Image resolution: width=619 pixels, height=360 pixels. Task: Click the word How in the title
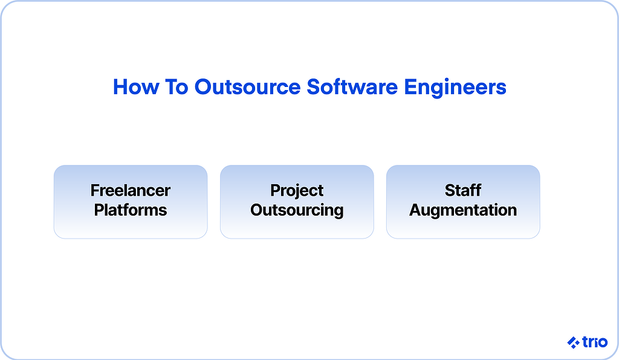tap(136, 87)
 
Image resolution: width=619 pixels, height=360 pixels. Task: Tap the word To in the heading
tap(177, 87)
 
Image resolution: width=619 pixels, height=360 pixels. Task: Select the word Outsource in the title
tap(247, 87)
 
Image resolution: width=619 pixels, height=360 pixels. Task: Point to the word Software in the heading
tap(352, 87)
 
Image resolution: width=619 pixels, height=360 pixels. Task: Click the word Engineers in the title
tap(455, 88)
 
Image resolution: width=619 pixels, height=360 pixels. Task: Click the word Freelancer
tap(131, 190)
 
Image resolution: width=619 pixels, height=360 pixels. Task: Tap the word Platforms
tap(131, 210)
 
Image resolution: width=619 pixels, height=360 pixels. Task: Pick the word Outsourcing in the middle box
tap(297, 211)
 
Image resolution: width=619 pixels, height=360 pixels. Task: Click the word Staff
tap(463, 190)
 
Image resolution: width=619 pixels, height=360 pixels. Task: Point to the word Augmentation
tap(463, 211)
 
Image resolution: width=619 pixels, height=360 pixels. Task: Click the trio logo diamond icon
tap(573, 342)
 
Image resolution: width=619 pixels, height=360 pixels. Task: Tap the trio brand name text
tap(595, 342)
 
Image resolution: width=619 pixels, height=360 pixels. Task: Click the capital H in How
tap(120, 87)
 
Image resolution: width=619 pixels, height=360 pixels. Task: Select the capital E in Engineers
tap(410, 87)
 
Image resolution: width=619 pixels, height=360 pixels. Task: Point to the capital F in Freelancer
tap(96, 190)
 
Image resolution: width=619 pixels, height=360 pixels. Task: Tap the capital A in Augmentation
tap(416, 210)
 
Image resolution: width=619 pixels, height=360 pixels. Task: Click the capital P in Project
tap(276, 190)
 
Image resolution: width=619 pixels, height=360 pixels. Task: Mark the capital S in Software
tap(314, 87)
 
